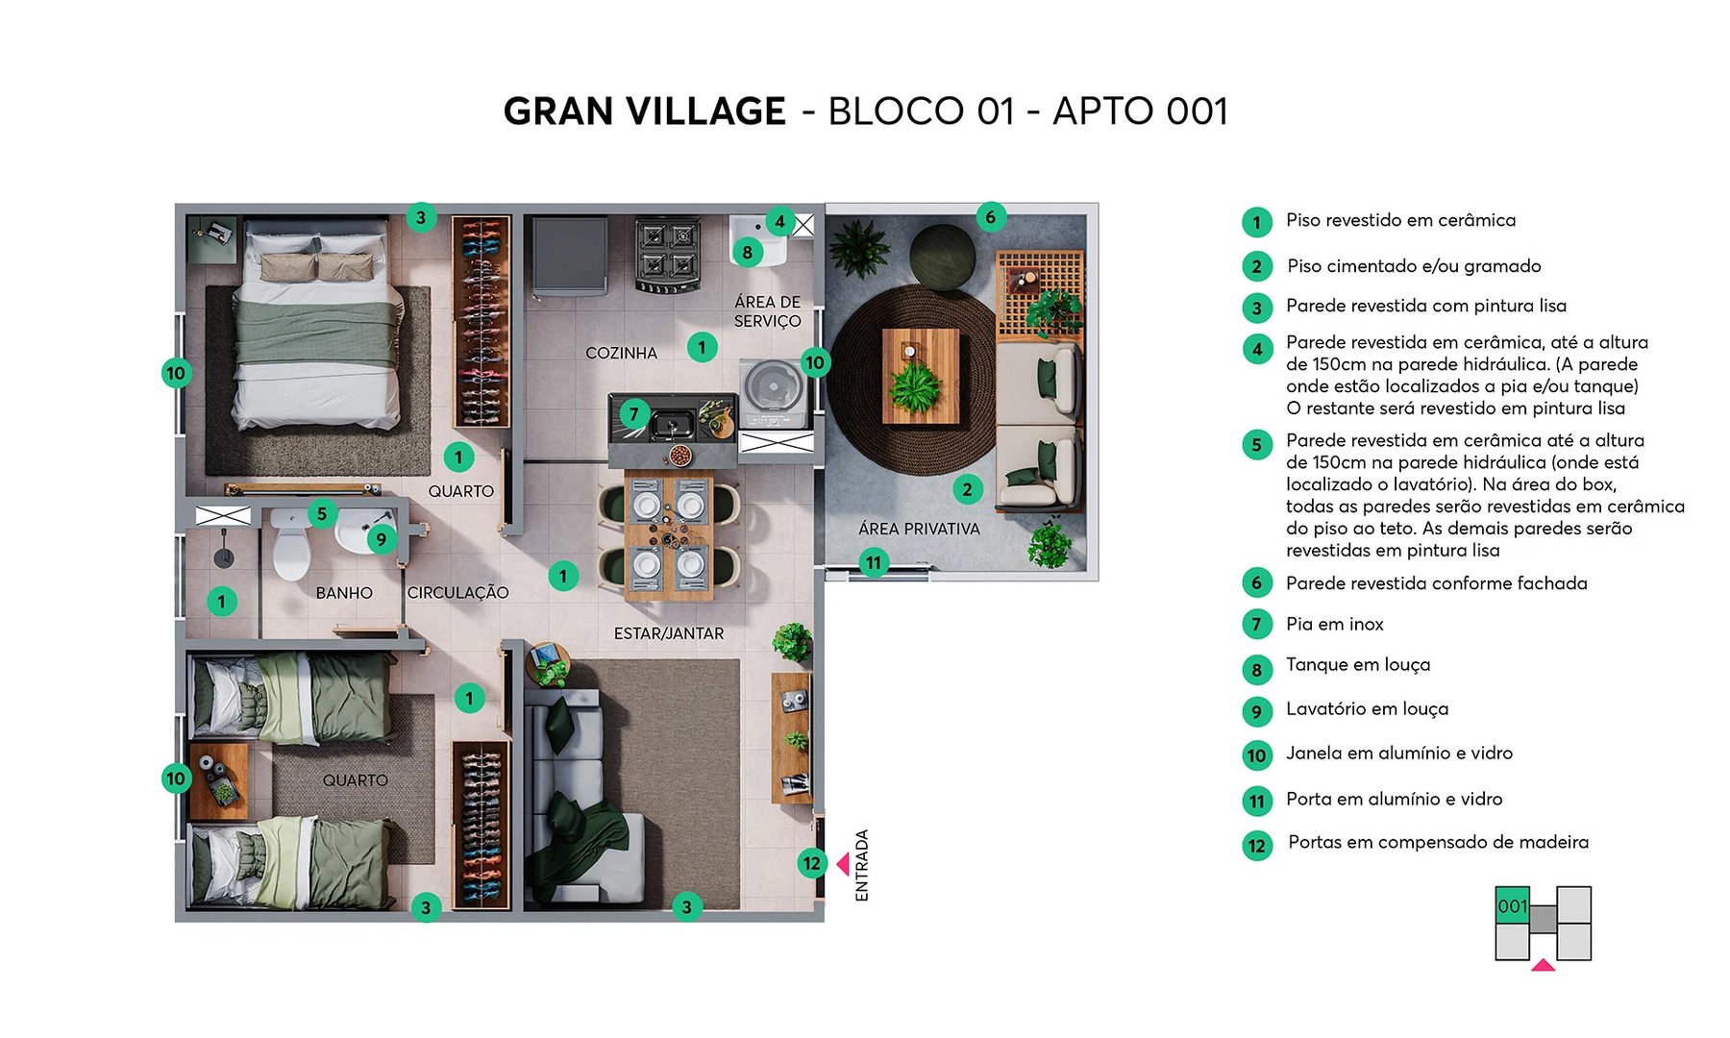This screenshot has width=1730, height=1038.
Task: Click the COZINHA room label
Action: [x=621, y=353]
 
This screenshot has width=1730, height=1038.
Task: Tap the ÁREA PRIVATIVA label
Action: [x=919, y=529]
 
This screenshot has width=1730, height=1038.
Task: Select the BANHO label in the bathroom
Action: [x=344, y=593]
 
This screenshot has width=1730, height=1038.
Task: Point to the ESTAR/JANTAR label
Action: [x=669, y=633]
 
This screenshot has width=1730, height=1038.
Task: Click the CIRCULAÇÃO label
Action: [x=457, y=593]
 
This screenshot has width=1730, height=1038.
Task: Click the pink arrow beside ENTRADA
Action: [x=843, y=864]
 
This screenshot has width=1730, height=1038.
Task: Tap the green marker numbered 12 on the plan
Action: [x=812, y=863]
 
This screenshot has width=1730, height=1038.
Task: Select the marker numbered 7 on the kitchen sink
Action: [x=634, y=414]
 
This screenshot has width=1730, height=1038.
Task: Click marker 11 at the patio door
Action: [x=873, y=562]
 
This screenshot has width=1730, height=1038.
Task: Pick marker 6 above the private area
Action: [x=991, y=217]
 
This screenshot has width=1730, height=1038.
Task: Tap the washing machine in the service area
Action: [x=773, y=390]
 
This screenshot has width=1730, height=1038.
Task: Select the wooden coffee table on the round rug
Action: [x=921, y=376]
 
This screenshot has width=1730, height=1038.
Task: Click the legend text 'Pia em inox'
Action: [x=1334, y=625]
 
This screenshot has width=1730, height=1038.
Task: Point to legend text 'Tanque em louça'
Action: [x=1357, y=665]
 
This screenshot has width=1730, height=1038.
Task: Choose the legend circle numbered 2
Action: [x=1256, y=266]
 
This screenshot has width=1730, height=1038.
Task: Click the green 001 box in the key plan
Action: [x=1512, y=906]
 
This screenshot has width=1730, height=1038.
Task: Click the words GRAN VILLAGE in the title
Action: [x=644, y=111]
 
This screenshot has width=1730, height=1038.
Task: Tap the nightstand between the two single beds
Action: [x=218, y=779]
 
